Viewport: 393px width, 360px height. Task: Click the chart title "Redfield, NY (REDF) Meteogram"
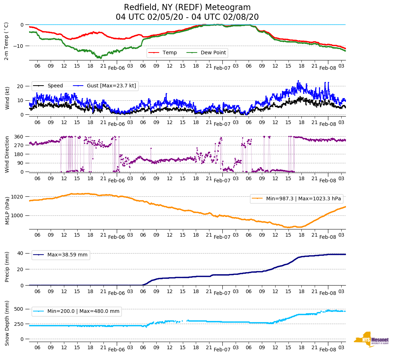click(x=187, y=8)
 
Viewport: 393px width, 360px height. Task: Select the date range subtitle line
click(x=187, y=17)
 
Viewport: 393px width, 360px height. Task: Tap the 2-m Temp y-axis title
click(x=6, y=41)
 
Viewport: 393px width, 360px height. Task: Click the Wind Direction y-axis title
click(x=7, y=154)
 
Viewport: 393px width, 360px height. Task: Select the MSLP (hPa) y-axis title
click(x=7, y=211)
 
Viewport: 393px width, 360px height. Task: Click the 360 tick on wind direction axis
click(x=19, y=137)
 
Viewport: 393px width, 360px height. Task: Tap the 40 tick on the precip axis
click(x=20, y=253)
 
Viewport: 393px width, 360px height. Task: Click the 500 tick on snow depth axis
click(x=19, y=309)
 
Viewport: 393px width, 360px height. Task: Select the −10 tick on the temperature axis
click(x=18, y=46)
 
